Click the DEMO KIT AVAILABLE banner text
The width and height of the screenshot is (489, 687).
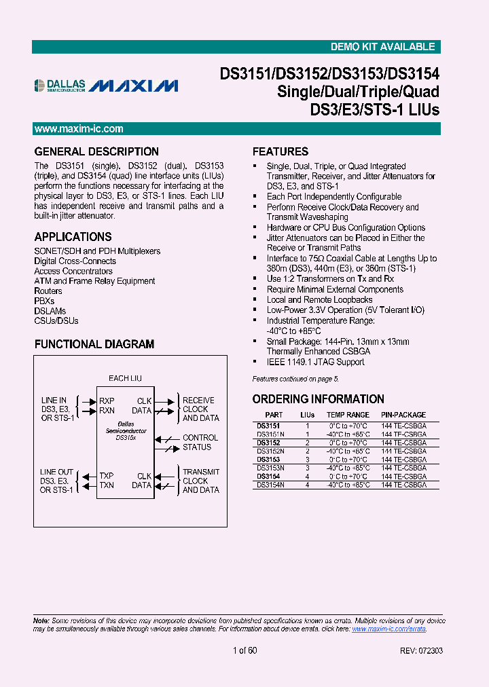[x=382, y=47]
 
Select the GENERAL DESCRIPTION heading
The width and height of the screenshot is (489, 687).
[x=96, y=151]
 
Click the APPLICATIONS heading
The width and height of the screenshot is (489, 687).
[x=73, y=237]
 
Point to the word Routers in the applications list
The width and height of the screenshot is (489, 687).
[x=48, y=291]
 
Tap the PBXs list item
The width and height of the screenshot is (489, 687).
[x=44, y=301]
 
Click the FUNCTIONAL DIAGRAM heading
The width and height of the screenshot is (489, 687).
[x=94, y=344]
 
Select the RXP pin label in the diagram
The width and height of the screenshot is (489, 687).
[x=107, y=401]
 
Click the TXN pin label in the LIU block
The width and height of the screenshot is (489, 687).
[x=107, y=485]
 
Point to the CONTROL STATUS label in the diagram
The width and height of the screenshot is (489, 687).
[x=200, y=443]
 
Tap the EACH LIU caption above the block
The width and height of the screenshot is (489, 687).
[x=125, y=378]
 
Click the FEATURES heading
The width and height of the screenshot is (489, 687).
[x=280, y=151]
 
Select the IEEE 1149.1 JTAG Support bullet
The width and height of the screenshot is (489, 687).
[x=315, y=362]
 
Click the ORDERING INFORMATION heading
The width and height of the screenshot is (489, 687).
[x=319, y=399]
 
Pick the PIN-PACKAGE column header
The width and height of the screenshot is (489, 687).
[x=403, y=415]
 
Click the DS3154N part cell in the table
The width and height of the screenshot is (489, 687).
[x=270, y=485]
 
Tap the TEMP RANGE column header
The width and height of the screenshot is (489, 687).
[x=348, y=415]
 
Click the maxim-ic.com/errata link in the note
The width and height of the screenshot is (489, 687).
[x=388, y=629]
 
